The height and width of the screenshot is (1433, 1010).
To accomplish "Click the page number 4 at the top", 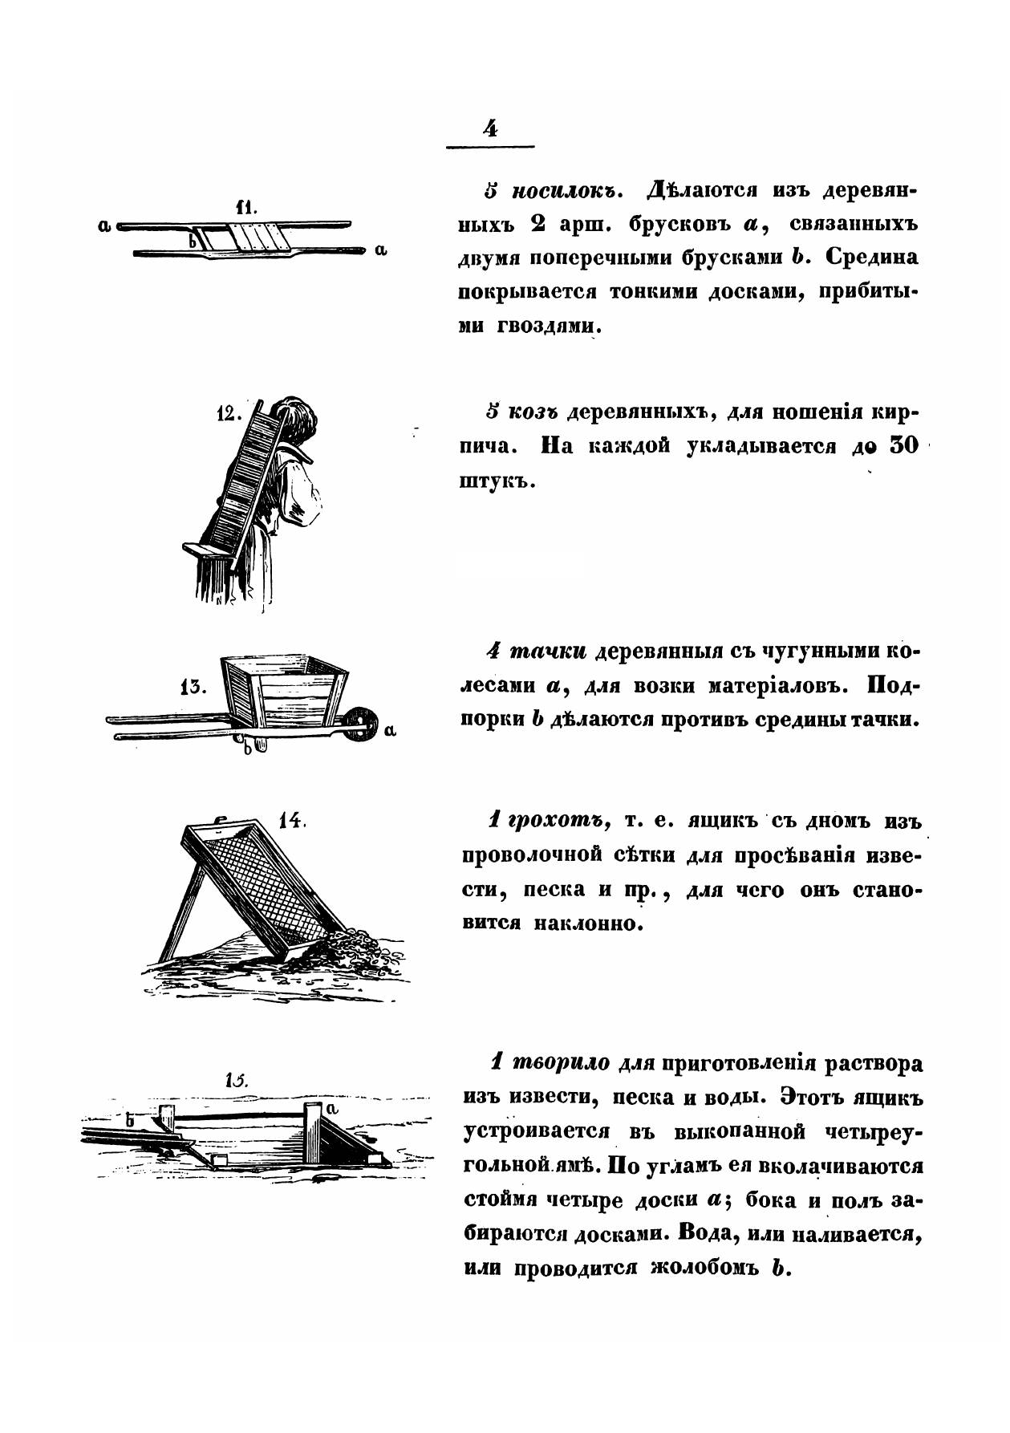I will pyautogui.click(x=489, y=128).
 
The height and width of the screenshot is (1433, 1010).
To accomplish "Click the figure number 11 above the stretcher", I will pyautogui.click(x=245, y=207).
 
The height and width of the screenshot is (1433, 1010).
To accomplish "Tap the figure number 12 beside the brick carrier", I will pyautogui.click(x=228, y=414).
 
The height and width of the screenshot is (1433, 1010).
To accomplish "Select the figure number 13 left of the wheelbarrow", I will pyautogui.click(x=193, y=688).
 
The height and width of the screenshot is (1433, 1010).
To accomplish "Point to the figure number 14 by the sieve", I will pyautogui.click(x=290, y=821).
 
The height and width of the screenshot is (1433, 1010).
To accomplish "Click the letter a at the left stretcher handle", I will pyautogui.click(x=103, y=227).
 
